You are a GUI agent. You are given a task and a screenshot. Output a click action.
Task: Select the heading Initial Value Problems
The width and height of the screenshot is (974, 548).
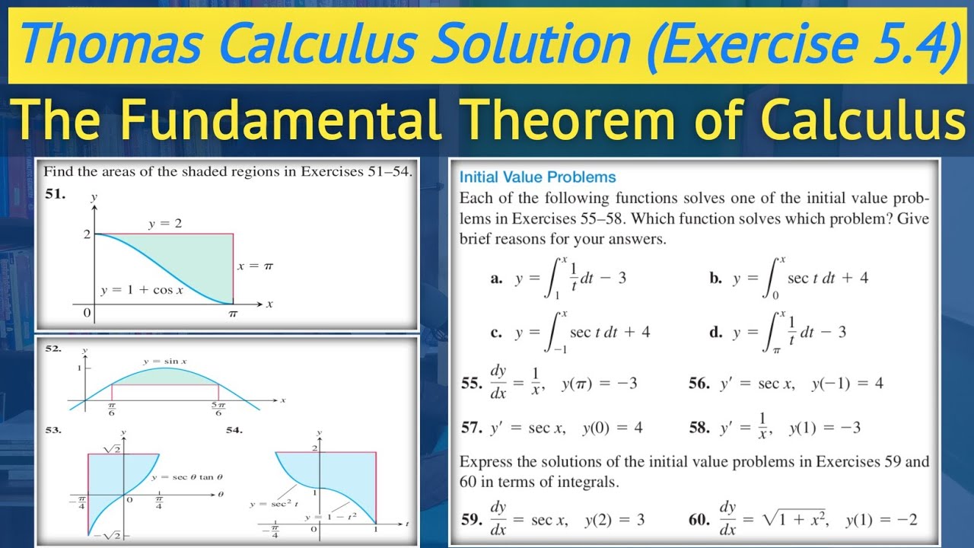537,177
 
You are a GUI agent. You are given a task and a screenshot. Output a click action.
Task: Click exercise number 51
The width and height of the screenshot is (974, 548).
54,193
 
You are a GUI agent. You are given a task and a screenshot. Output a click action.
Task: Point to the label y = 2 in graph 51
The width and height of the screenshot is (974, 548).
165,224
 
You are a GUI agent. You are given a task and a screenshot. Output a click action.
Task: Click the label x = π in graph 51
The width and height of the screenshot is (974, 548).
254,266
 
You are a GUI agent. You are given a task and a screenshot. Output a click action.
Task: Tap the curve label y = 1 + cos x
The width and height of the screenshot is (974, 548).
142,291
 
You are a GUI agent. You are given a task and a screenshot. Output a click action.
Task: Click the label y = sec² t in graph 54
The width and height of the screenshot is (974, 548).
268,503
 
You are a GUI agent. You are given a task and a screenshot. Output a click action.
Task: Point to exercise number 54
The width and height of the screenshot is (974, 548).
234,430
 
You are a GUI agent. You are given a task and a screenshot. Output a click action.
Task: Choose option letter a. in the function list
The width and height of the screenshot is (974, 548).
496,279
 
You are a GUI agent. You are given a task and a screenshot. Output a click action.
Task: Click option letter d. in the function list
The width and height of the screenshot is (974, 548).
716,332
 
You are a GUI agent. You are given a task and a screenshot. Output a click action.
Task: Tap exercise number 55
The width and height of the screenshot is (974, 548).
472,384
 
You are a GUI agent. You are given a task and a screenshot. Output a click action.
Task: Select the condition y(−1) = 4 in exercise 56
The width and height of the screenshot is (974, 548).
846,384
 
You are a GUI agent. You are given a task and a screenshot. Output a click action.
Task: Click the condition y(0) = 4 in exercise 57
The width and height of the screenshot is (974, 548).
612,428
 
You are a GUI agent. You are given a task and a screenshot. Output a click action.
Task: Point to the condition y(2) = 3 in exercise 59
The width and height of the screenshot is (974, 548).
614,520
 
